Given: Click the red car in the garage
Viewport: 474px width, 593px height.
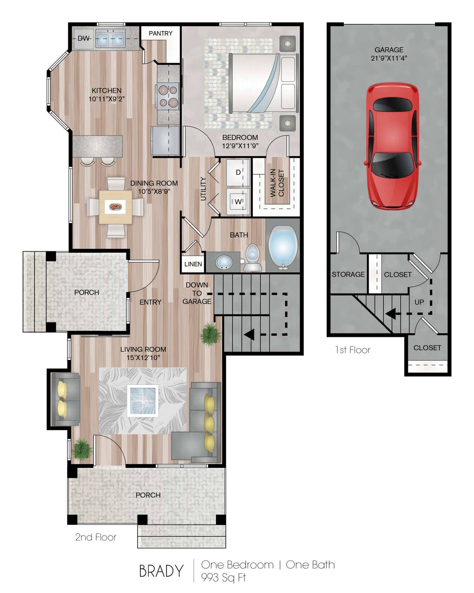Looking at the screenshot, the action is pyautogui.click(x=392, y=146).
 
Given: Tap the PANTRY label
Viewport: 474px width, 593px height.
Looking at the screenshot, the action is pyautogui.click(x=161, y=33).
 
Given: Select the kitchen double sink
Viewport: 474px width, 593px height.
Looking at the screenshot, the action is pyautogui.click(x=110, y=39).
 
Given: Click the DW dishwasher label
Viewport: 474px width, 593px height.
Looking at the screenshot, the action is pyautogui.click(x=83, y=39).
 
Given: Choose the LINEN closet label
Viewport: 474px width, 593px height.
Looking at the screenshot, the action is pyautogui.click(x=193, y=264).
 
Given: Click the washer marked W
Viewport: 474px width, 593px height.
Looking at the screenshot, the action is pyautogui.click(x=238, y=201).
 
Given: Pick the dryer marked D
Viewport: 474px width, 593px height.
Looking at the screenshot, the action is pyautogui.click(x=238, y=172).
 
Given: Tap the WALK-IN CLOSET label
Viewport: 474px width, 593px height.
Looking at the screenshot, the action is pyautogui.click(x=277, y=183).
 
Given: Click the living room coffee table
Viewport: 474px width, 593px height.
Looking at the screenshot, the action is pyautogui.click(x=142, y=400).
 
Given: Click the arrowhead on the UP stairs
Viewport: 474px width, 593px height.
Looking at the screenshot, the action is pyautogui.click(x=390, y=314).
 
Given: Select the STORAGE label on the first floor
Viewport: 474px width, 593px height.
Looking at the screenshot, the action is pyautogui.click(x=348, y=275).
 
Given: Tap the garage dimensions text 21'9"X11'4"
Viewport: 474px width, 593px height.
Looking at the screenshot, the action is pyautogui.click(x=389, y=58).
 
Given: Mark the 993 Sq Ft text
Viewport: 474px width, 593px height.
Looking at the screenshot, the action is pyautogui.click(x=223, y=577).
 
